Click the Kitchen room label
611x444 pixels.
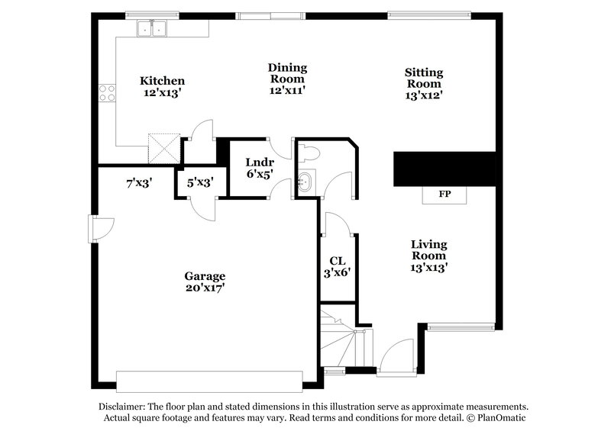click(x=162, y=80)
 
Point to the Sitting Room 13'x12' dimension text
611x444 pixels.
click(x=424, y=95)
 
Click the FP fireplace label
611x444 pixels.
click(x=444, y=195)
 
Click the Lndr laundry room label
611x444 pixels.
click(x=255, y=162)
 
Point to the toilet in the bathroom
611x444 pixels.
click(x=308, y=153)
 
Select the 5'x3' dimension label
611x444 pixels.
click(x=200, y=182)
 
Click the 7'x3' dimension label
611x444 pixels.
click(x=140, y=182)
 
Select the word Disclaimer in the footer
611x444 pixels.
click(x=123, y=407)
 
